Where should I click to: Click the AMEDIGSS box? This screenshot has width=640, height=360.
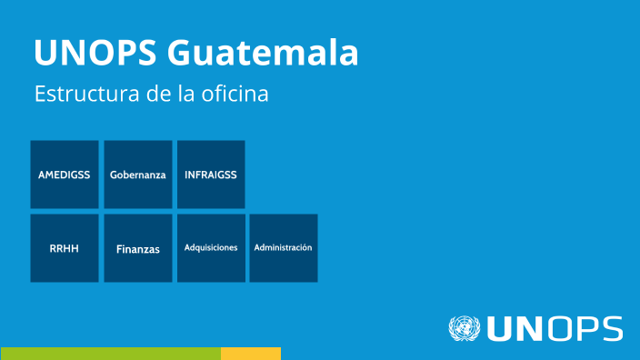[x=65, y=175]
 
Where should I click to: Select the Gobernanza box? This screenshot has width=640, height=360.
[x=138, y=175]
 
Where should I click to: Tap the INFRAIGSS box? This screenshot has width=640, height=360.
[x=211, y=175]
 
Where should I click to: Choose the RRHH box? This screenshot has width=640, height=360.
[x=65, y=248]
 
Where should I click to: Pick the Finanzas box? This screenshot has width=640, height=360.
[x=138, y=248]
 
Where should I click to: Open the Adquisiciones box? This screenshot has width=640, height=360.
[x=211, y=248]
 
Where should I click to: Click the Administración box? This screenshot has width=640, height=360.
[x=284, y=248]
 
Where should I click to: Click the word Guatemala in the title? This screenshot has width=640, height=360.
[x=263, y=52]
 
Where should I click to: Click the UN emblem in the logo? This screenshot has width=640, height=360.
[x=464, y=328]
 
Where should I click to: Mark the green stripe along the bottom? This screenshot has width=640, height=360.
[x=110, y=353]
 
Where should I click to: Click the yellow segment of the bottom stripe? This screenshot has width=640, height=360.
[x=251, y=353]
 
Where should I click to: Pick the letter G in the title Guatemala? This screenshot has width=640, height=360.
[x=180, y=52]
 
